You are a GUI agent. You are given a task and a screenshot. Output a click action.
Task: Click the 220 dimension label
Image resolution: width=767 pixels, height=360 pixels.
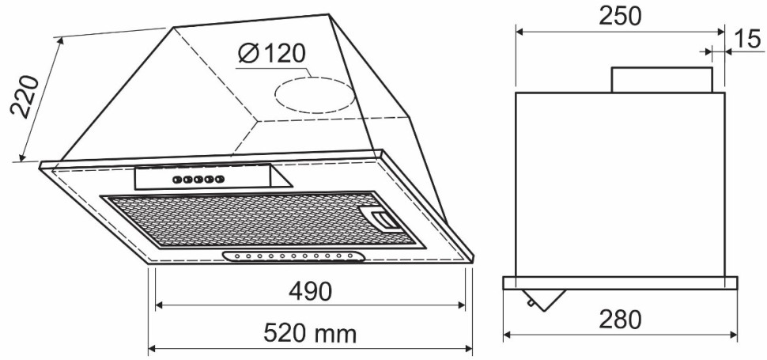[25, 97]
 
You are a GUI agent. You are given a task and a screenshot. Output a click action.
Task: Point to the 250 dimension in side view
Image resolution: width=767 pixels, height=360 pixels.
[620, 17]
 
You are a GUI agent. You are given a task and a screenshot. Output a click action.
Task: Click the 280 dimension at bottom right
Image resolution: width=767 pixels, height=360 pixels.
[620, 320]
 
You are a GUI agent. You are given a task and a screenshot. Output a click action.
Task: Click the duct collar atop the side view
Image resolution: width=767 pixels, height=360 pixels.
[662, 80]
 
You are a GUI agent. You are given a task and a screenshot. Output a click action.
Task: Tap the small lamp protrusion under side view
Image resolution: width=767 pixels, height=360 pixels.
[545, 298]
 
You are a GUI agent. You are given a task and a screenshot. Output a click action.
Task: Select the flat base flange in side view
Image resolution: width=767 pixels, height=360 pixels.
[620, 282]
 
